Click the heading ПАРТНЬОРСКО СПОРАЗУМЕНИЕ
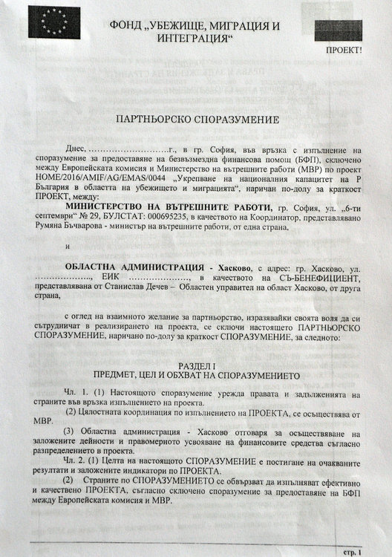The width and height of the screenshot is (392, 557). click(x=195, y=119)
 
